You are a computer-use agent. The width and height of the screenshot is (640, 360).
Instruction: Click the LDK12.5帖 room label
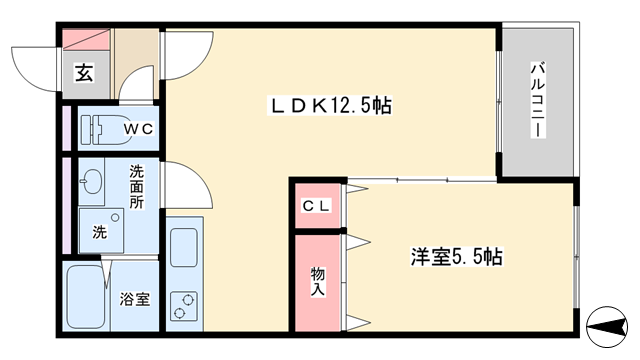pos(330,106)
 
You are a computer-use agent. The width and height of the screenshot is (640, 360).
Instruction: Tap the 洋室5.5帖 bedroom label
pos(456,257)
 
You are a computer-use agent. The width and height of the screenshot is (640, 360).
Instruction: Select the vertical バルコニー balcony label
pos(538,100)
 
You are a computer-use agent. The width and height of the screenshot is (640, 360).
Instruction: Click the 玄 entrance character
pos(84,73)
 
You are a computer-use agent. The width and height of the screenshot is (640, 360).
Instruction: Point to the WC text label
pos(139,129)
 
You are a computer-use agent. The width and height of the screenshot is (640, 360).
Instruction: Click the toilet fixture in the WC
pos(105,130)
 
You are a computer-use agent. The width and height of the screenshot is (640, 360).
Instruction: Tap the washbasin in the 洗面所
pos(92,181)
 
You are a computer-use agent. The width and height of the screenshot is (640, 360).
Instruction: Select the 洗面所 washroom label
pos(136,187)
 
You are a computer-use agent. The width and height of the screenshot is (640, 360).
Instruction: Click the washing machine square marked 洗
pos(101,231)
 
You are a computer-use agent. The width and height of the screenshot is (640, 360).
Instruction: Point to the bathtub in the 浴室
pos(85,297)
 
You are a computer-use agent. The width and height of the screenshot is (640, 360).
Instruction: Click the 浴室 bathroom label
pos(135,299)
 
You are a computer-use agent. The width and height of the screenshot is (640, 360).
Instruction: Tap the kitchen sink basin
pos(184,247)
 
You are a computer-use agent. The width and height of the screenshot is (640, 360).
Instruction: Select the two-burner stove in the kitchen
pos(184,305)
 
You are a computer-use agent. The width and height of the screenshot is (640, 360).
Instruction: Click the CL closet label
pos(316,207)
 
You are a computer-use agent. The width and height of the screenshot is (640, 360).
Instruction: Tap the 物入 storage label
pos(318,282)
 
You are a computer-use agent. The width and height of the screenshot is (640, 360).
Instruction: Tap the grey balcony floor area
pos(538,102)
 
